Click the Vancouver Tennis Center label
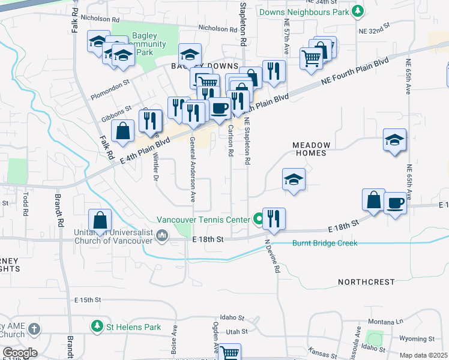203,220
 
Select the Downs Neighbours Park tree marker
358,11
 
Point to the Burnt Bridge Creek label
325,243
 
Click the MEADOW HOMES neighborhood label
311,149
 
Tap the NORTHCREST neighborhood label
366,281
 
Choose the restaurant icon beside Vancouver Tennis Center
274,219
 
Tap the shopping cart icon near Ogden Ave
229,352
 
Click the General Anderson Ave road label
193,169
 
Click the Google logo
19,353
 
